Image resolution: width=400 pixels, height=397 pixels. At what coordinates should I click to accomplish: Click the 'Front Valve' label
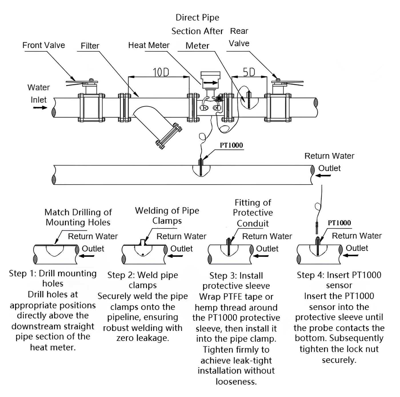pos(43,45)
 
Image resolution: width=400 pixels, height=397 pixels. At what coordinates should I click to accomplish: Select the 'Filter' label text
pos(90,46)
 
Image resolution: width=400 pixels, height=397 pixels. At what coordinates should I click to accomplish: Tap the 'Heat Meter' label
pos(149,45)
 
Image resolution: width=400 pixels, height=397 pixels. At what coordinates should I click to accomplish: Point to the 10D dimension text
pos(161,72)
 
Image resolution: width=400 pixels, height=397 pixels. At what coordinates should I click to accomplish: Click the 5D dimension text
pos(249,72)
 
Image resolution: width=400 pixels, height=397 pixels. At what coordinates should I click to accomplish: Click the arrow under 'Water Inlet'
pos(40,108)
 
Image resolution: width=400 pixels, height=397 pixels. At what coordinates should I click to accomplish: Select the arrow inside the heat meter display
pos(211,83)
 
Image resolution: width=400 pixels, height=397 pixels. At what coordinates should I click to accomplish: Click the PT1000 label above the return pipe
pos(231,145)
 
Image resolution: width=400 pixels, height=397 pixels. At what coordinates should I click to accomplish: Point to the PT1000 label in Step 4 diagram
pos(339,223)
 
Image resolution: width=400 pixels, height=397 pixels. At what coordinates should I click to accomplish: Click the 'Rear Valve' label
pos(239,37)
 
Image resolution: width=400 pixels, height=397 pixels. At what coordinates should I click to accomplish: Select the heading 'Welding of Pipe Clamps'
pos(167,216)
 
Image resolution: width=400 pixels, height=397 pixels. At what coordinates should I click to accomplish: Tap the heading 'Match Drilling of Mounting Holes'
pos(78,217)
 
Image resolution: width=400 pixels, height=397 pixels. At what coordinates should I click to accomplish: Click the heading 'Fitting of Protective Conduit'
pos(253,213)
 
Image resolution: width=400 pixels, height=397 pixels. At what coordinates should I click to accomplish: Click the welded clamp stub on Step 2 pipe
pos(142,242)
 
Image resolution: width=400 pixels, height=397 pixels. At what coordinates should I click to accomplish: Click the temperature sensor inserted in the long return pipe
pos(201,168)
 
